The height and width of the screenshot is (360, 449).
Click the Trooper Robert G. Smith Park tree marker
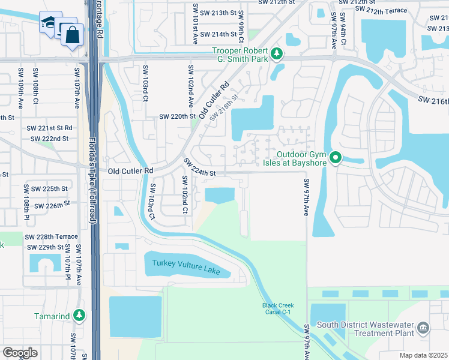(x=277, y=55)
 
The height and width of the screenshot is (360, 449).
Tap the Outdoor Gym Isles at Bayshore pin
(x=336, y=158)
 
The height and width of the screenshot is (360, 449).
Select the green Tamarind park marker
(x=79, y=315)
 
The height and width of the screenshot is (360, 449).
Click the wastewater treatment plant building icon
(x=424, y=327)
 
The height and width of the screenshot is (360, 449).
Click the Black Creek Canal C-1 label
(x=277, y=308)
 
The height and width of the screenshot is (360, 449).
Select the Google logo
(x=20, y=353)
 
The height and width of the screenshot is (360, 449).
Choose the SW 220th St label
(x=177, y=117)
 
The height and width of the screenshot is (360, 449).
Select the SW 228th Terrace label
(x=52, y=237)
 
